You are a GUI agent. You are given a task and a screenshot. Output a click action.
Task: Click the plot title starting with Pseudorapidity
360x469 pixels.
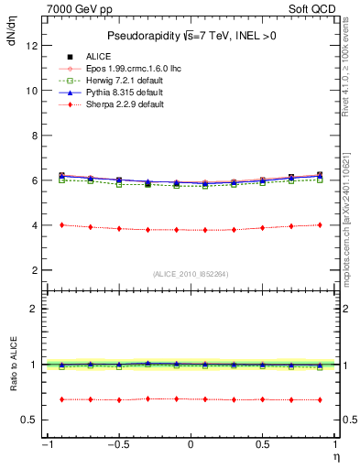tap(190, 36)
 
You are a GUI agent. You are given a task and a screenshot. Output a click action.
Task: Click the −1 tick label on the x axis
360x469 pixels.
tap(45, 446)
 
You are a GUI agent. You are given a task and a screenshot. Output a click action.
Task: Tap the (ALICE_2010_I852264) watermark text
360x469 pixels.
tap(190, 274)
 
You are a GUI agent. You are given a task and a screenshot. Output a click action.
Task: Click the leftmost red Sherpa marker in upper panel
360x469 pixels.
tap(61, 225)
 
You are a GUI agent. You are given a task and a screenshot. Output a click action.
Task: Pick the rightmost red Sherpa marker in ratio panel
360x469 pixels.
tap(319, 399)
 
